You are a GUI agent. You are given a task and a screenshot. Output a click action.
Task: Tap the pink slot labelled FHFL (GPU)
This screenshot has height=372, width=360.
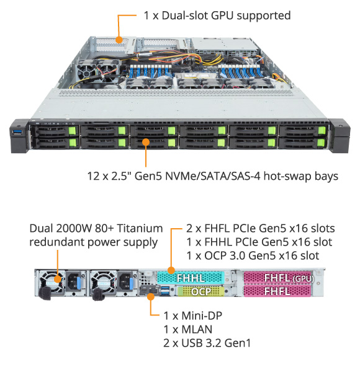click(x=278, y=278)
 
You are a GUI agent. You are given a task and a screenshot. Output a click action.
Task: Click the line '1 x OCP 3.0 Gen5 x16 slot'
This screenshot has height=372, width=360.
click(x=253, y=255)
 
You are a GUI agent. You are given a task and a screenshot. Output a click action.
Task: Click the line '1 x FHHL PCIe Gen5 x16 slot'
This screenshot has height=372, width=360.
click(x=259, y=242)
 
